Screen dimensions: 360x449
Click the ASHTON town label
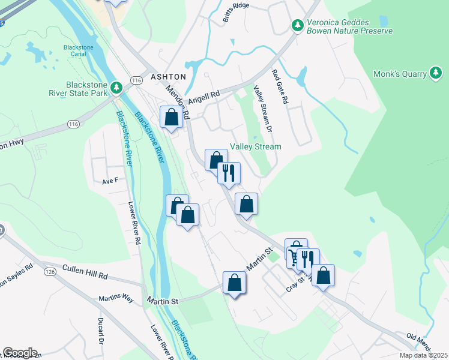pos(168,77)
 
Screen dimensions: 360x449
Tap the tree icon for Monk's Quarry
pos(436,73)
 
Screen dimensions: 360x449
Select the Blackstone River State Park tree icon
pos(117,89)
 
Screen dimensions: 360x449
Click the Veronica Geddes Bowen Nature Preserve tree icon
pos(297,25)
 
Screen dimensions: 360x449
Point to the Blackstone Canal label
pos(78,52)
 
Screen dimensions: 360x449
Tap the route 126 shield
pos(50,272)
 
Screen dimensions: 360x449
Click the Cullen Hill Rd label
pos(85,276)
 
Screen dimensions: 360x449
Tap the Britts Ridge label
pos(235,13)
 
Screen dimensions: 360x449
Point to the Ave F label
pos(110,180)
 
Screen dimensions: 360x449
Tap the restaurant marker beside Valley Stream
pos(229,173)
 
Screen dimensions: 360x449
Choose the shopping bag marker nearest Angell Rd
pos(172,116)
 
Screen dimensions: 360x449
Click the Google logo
pos(20,353)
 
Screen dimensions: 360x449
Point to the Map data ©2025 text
pos(423,355)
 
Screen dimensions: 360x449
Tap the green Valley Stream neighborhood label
pos(256,146)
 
